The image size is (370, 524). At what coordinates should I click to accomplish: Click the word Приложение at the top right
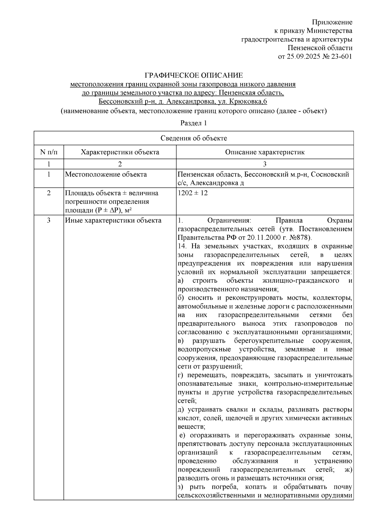332,22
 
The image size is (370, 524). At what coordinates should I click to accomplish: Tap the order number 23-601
341,56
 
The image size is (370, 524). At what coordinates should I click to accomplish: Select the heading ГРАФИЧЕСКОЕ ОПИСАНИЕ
194,76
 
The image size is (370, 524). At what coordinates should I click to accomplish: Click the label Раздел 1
193,123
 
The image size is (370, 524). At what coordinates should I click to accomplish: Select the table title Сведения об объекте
194,138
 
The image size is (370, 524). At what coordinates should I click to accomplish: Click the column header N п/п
49,152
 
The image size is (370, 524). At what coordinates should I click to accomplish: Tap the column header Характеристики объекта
120,152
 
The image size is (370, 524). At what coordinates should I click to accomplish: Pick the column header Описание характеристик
265,152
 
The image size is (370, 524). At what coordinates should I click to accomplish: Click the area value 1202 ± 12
193,193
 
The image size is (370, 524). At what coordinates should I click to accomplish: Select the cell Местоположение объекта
106,175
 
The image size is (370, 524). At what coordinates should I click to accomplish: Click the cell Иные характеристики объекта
113,220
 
